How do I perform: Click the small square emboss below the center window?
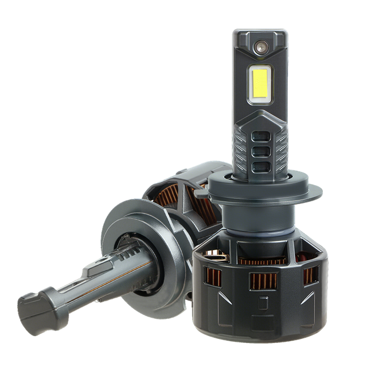(x=264, y=300)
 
